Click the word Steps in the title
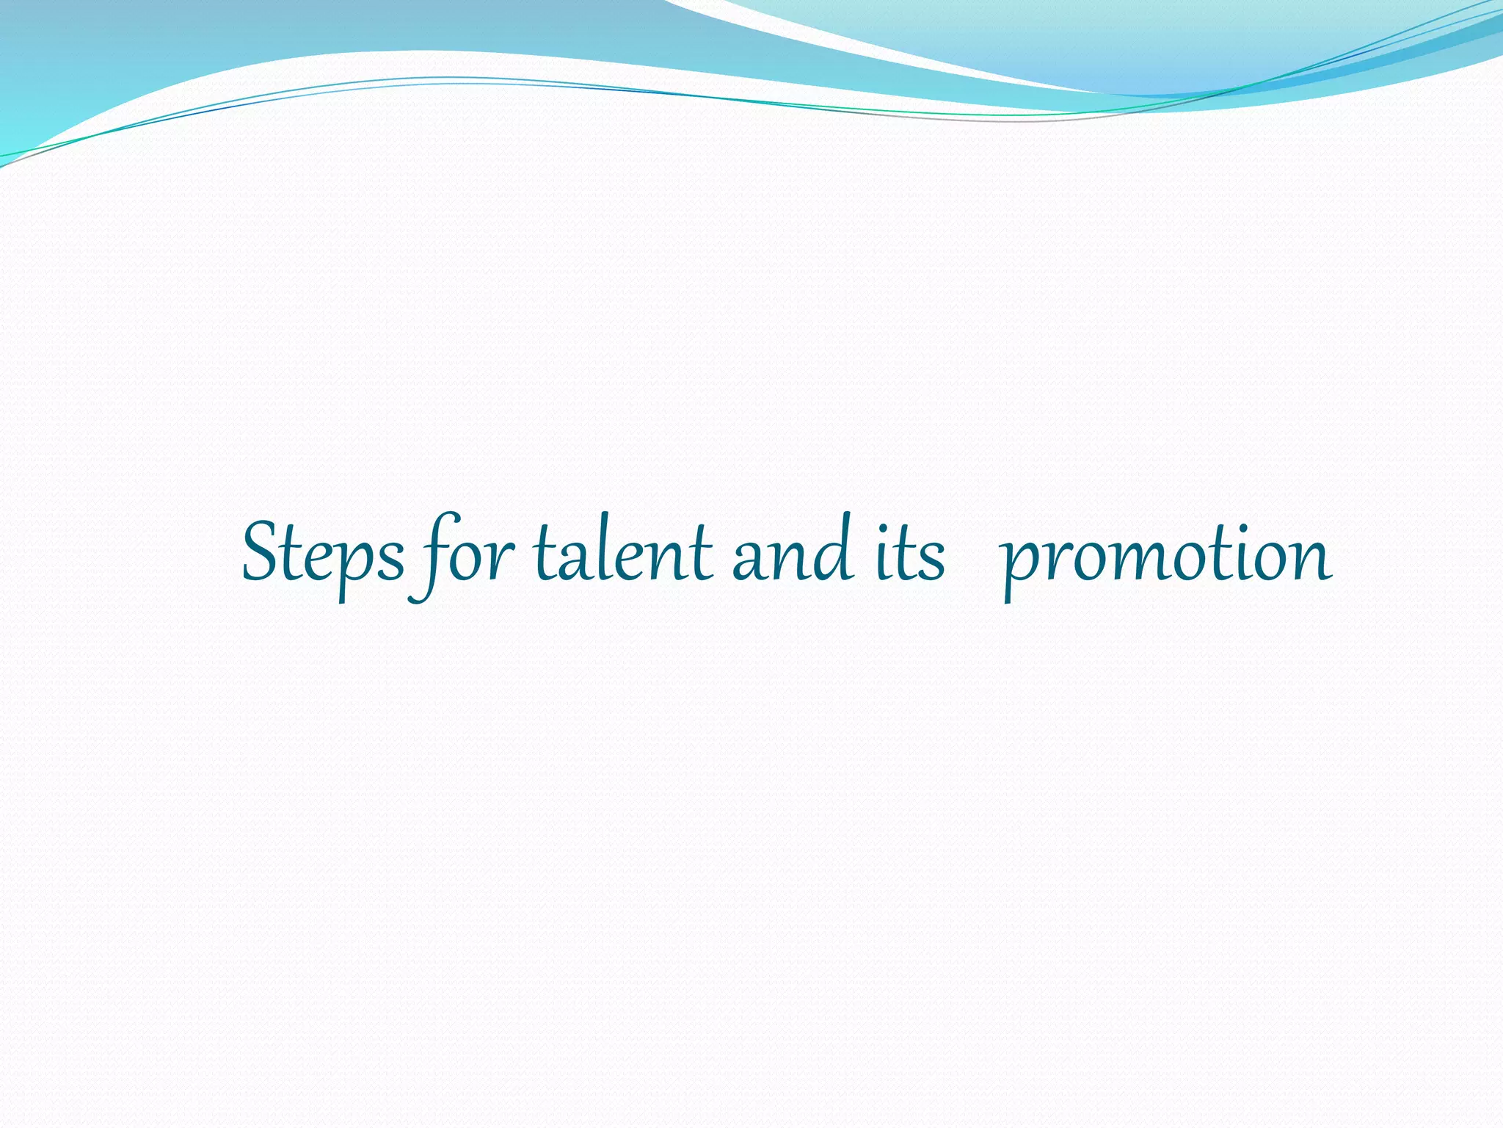point(323,554)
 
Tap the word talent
point(624,554)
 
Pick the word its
point(910,554)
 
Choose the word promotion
point(1167,558)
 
